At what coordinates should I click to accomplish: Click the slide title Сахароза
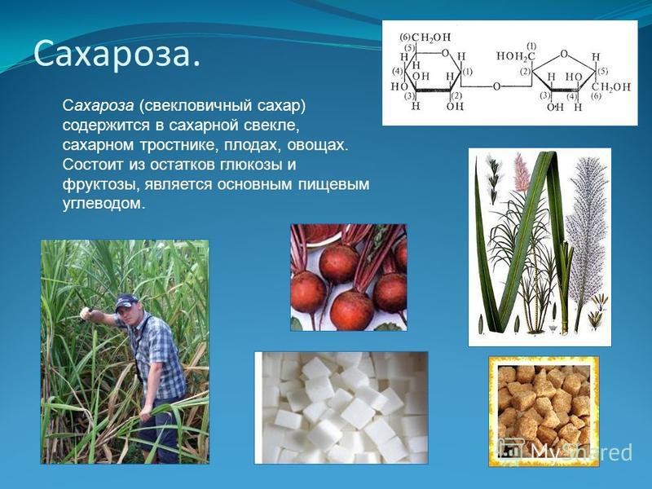coord(117,54)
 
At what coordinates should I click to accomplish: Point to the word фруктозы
coord(100,185)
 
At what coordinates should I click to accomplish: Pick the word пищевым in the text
coord(333,185)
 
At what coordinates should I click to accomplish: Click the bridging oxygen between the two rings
coord(496,86)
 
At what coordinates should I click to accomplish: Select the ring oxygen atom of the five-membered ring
coord(564,54)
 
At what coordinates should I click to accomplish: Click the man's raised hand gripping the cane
coord(86,313)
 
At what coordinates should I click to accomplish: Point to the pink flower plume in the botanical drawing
coord(521,171)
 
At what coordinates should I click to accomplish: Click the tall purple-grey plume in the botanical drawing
coord(585,233)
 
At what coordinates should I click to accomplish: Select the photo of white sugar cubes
coord(341,407)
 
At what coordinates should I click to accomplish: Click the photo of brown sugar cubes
coord(544,411)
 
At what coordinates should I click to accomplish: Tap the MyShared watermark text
coord(582,452)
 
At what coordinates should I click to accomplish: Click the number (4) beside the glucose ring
coord(398,71)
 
